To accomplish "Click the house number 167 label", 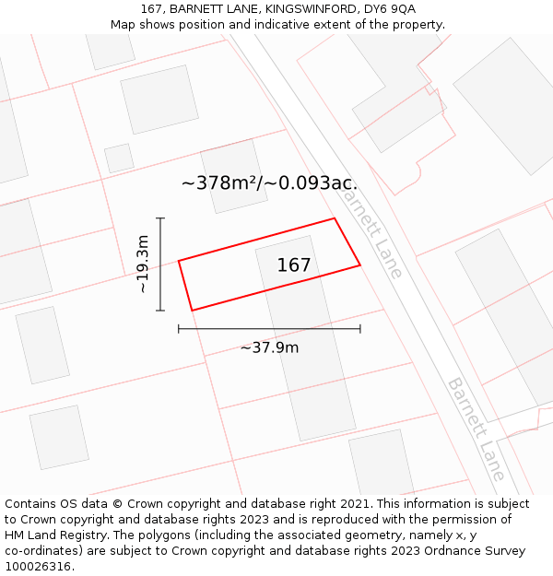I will tap(294, 265).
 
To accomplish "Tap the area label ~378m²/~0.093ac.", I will tap(269, 182).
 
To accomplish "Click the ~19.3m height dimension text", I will tap(143, 264).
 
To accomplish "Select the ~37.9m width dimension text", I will tap(269, 347).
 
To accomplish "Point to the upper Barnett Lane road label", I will tap(372, 230).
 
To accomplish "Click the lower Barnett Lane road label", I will tap(476, 429).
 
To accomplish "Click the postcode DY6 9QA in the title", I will tap(390, 9).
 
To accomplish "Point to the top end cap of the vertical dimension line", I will tap(160, 218).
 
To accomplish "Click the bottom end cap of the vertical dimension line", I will tap(160, 311).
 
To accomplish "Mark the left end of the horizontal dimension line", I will tap(179, 328).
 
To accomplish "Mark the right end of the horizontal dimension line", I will tap(360, 328).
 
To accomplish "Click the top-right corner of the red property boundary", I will tap(334, 218).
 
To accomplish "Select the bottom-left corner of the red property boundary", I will tap(192, 311).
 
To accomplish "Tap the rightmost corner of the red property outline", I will tap(359, 265).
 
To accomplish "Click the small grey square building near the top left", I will tap(119, 158).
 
